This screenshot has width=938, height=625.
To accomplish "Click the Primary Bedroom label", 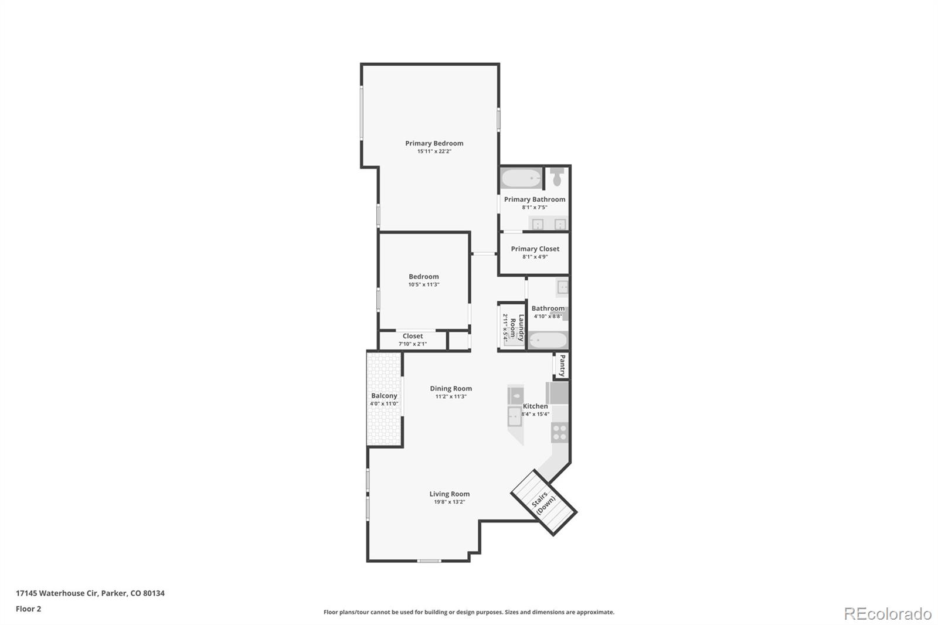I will (x=434, y=143).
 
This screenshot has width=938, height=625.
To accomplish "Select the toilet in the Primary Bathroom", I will (x=558, y=176).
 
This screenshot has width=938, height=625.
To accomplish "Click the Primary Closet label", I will (x=535, y=249).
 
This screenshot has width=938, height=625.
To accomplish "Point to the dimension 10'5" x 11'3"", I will (x=423, y=284).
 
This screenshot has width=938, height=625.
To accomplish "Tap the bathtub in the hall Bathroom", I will (x=548, y=340).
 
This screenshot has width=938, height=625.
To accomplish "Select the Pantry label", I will (x=562, y=366).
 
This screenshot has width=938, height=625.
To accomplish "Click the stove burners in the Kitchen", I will (x=559, y=433).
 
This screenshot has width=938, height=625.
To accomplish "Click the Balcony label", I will (x=384, y=396).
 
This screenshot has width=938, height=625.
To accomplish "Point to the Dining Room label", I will (x=450, y=388).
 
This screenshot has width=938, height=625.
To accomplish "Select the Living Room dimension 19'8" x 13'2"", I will (x=449, y=502).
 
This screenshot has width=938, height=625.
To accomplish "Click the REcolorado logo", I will (x=887, y=613).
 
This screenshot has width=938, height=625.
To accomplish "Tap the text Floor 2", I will (x=28, y=609).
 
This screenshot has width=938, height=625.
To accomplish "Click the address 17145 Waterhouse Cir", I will (x=56, y=593).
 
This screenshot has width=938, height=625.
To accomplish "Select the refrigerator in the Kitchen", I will (x=558, y=393).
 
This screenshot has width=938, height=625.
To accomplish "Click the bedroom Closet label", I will (x=412, y=336).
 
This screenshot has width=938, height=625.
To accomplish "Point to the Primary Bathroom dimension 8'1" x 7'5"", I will (x=534, y=208).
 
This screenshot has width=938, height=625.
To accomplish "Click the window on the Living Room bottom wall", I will (x=429, y=561).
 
